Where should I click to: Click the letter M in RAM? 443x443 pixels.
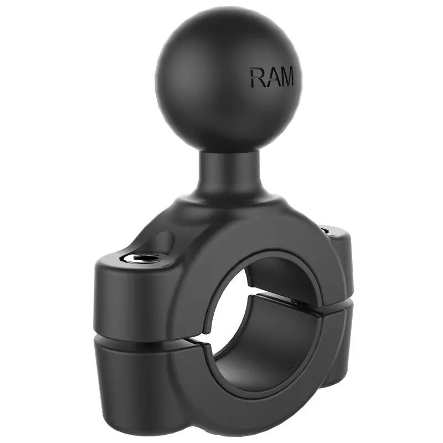click(286, 77)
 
